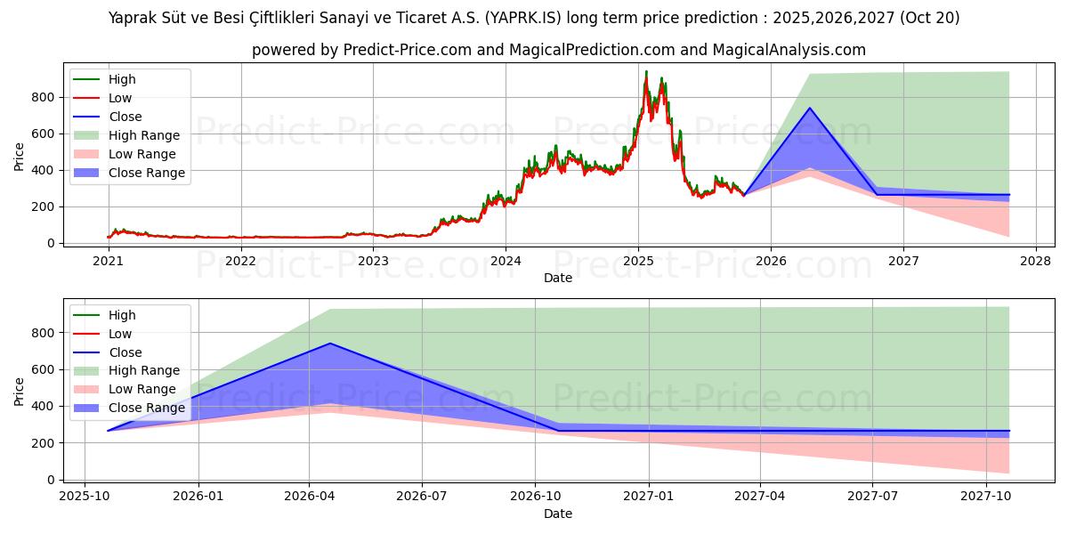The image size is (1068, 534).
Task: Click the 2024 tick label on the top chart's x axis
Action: click(x=506, y=261)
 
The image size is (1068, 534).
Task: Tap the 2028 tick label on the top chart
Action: click(x=1036, y=261)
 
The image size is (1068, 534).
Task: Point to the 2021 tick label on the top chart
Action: click(x=108, y=261)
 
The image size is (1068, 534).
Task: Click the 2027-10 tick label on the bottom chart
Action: click(x=985, y=497)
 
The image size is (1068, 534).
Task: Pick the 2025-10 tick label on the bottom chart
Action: click(x=85, y=497)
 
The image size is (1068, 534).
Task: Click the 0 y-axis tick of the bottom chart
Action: click(x=51, y=480)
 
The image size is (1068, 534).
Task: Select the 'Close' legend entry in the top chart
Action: click(x=125, y=117)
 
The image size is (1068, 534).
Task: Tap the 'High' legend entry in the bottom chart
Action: click(x=122, y=315)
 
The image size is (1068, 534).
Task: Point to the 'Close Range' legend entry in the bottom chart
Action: click(x=147, y=408)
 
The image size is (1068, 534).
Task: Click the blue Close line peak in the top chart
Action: click(x=809, y=108)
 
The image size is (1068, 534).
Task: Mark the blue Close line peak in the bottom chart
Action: click(x=330, y=344)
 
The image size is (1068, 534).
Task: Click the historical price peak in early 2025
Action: click(x=646, y=71)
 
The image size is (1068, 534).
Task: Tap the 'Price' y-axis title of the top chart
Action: click(x=20, y=158)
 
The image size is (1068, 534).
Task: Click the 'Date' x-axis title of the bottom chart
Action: click(x=558, y=514)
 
